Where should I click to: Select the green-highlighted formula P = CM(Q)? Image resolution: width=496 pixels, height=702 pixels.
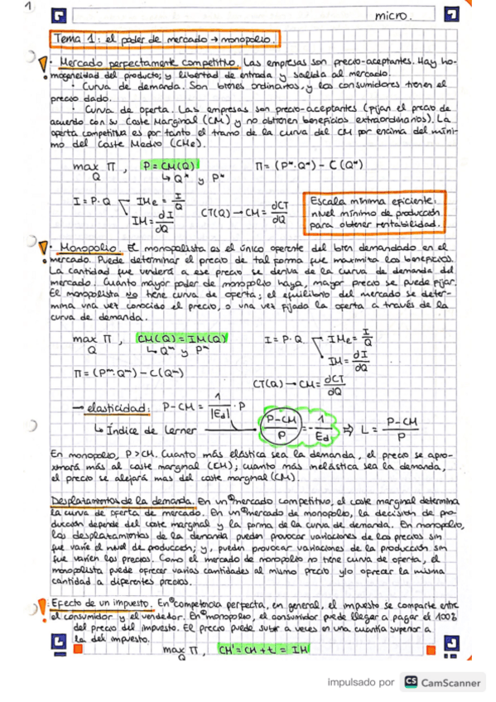[170, 165]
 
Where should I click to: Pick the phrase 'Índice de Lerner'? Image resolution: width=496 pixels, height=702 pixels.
[144, 430]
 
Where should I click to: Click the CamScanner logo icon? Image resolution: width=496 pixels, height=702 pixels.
[410, 682]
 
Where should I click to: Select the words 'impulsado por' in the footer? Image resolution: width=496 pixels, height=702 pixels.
[361, 683]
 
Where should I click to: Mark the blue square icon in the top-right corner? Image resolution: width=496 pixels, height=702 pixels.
[450, 16]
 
